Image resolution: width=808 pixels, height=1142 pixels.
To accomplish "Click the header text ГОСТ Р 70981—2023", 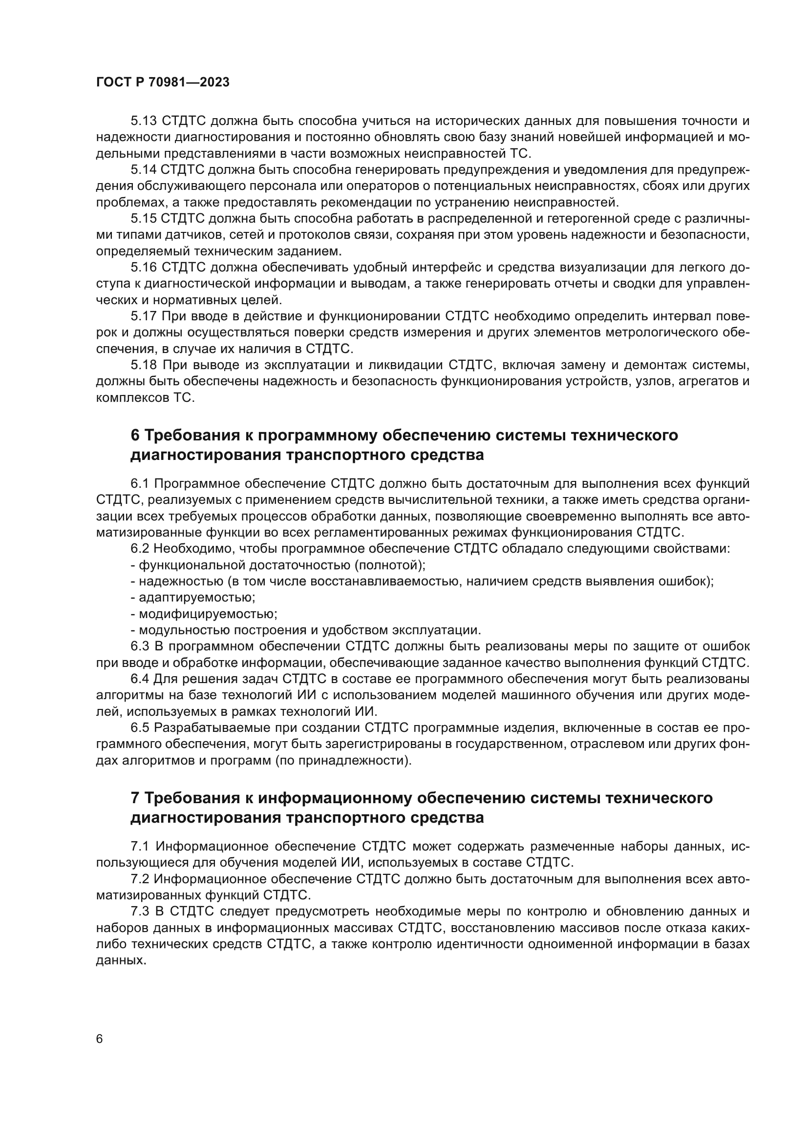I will (x=163, y=83).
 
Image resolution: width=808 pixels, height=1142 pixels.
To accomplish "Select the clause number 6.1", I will (x=140, y=483).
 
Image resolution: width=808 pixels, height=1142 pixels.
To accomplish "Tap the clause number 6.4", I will (x=140, y=679).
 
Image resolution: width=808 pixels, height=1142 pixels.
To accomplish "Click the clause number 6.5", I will (x=140, y=727).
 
